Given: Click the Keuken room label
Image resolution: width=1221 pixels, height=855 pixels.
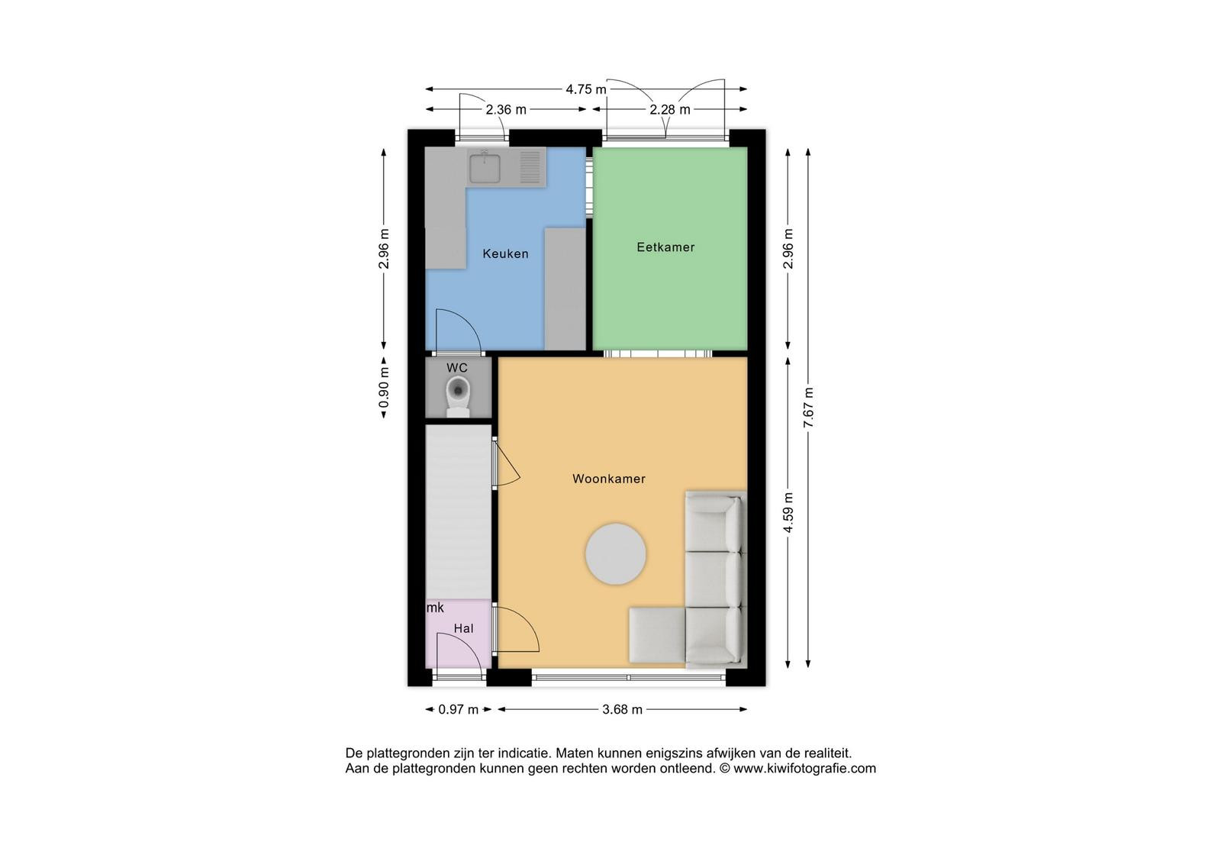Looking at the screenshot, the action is pyautogui.click(x=505, y=253).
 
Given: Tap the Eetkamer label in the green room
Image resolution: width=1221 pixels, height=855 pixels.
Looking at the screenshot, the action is pyautogui.click(x=665, y=247).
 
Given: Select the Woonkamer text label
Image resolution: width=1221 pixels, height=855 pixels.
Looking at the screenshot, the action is pyautogui.click(x=609, y=479).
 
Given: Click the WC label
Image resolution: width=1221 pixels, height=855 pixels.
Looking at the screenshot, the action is pyautogui.click(x=457, y=367).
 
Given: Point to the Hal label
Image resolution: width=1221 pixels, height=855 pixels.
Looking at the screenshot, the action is pyautogui.click(x=463, y=628).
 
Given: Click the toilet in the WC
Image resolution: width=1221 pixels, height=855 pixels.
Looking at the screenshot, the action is pyautogui.click(x=458, y=396).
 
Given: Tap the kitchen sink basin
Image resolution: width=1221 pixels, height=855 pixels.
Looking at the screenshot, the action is pyautogui.click(x=485, y=168).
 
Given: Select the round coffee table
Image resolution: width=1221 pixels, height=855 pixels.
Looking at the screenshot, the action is pyautogui.click(x=615, y=554).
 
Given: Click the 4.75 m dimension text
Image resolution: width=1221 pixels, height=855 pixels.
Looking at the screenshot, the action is pyautogui.click(x=585, y=89).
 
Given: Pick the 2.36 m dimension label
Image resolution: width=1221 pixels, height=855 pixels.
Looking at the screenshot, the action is pyautogui.click(x=506, y=110).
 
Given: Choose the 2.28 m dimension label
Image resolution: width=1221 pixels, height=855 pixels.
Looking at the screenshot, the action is pyautogui.click(x=670, y=110).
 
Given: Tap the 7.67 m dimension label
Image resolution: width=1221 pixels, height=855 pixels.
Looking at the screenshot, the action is pyautogui.click(x=808, y=408).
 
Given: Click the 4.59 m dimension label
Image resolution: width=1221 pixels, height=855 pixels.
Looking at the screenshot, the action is pyautogui.click(x=788, y=512).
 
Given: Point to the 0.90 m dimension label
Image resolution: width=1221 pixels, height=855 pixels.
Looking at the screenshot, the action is pyautogui.click(x=384, y=387).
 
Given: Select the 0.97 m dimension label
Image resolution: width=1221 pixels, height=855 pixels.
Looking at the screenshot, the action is pyautogui.click(x=459, y=709).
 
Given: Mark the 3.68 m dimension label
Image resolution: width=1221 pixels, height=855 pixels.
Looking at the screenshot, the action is pyautogui.click(x=623, y=709).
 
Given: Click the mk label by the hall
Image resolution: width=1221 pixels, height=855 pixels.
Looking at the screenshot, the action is pyautogui.click(x=435, y=608).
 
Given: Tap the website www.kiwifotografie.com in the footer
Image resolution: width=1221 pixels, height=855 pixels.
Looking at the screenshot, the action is pyautogui.click(x=804, y=768).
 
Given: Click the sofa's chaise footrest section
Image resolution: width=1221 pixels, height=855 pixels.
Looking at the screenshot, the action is pyautogui.click(x=657, y=635).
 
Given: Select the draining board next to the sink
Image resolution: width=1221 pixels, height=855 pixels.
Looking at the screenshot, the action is pyautogui.click(x=530, y=167).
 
